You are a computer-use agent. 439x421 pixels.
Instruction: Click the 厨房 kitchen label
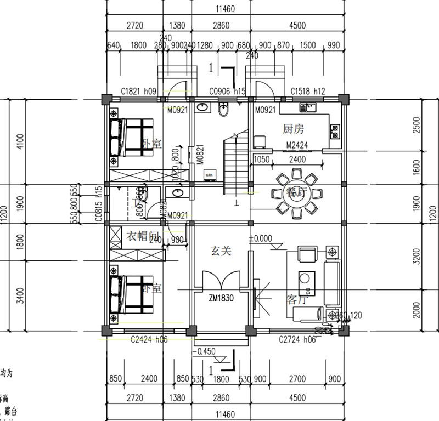293,129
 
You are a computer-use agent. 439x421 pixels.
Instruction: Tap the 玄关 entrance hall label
221,251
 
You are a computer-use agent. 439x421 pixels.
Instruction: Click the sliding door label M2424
298,145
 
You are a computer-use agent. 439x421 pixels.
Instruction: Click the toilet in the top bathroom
223,111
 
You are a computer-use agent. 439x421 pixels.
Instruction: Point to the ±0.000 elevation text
261,239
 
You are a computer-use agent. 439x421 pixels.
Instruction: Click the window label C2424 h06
149,339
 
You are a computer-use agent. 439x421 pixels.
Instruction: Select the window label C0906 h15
227,92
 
